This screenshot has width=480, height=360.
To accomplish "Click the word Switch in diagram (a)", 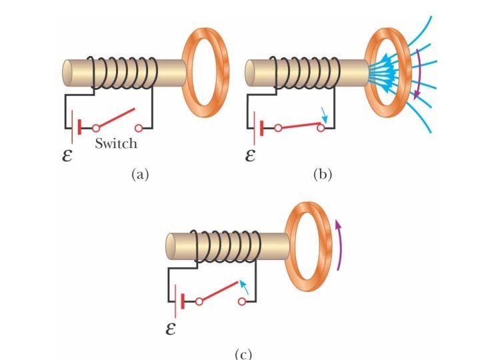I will click(115, 143).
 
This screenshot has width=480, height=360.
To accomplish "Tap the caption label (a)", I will click(139, 175).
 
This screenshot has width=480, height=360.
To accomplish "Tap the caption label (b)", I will click(322, 175).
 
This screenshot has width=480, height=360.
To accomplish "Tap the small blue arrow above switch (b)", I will click(322, 113).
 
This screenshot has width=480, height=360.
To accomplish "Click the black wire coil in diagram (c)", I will click(225, 245).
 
